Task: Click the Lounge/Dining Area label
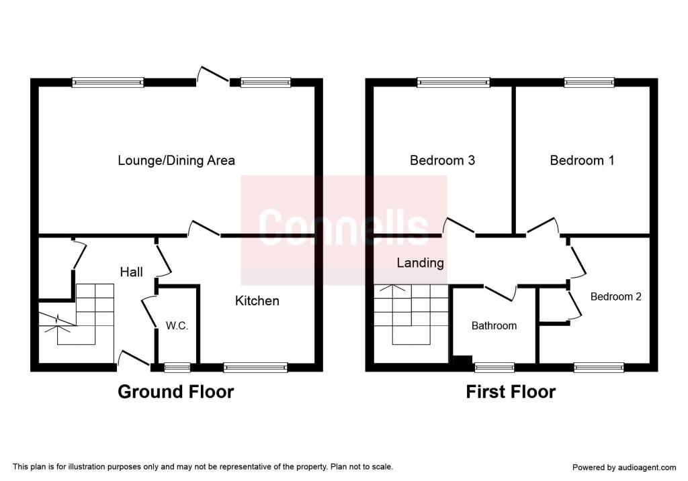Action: [x=176, y=160]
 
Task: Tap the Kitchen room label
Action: [x=257, y=301]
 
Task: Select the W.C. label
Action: [x=177, y=325]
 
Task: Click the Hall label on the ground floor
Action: [x=131, y=272]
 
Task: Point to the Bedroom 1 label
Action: [x=582, y=160]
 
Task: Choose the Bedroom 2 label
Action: [x=615, y=297]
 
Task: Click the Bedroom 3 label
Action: [x=442, y=160]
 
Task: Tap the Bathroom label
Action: [x=494, y=325]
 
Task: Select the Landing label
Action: [x=421, y=263]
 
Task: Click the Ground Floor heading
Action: [x=175, y=391]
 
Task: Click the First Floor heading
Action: [x=511, y=391]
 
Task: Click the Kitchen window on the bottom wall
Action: [x=255, y=368]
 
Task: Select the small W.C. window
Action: [x=177, y=368]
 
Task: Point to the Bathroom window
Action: [x=494, y=368]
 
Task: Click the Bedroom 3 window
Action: [x=454, y=83]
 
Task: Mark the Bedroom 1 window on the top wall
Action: [x=589, y=83]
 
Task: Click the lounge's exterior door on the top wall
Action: [x=213, y=74]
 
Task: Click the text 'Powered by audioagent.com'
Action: [x=624, y=468]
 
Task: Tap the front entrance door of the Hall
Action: [x=134, y=358]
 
